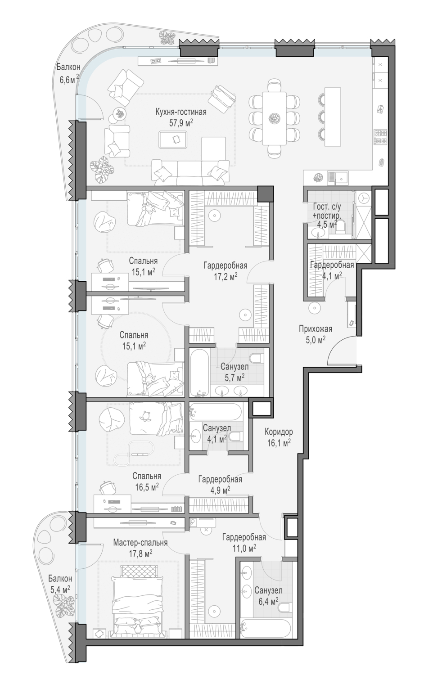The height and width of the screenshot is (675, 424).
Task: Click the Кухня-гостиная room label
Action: point(181,112)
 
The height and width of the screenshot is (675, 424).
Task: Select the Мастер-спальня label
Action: point(140,543)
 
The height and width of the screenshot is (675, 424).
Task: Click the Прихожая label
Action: point(315,329)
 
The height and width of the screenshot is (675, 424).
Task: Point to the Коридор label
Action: point(279,432)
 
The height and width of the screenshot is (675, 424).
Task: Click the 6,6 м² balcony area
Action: point(69,80)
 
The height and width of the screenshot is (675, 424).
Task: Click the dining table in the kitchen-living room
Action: point(274,118)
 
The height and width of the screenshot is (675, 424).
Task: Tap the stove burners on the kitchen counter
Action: point(380,136)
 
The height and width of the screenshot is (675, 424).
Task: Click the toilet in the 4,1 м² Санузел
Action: point(236,436)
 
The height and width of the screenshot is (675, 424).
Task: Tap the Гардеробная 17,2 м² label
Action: point(225,271)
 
